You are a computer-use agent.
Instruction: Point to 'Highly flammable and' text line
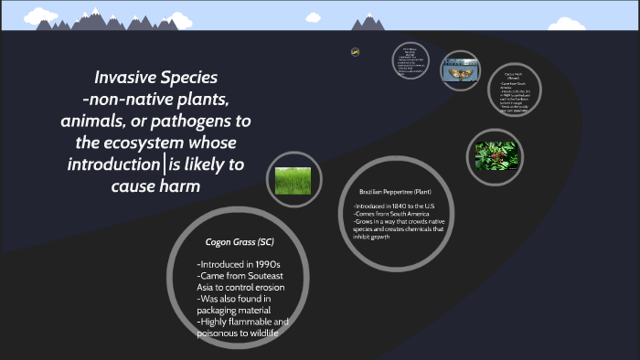(x=243, y=323)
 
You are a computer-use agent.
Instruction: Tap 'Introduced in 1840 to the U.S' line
(x=400, y=207)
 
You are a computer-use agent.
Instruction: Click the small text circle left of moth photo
(x=411, y=62)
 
